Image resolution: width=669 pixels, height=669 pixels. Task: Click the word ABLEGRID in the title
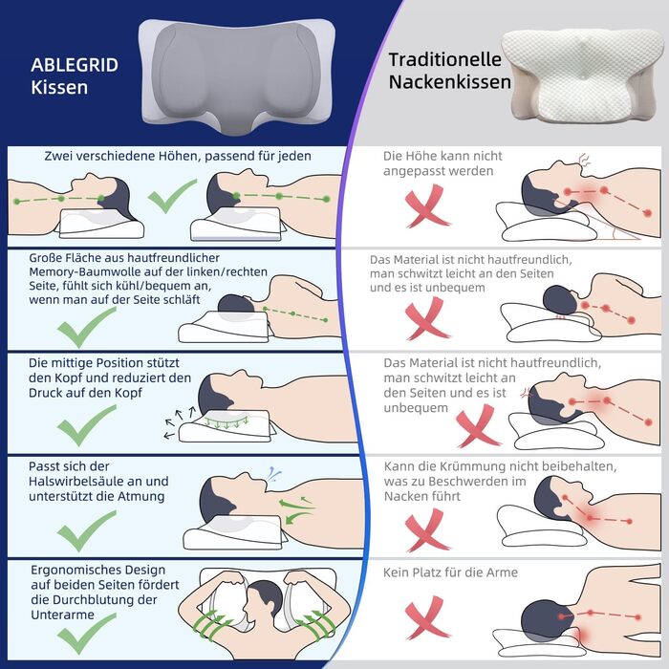coord(75,65)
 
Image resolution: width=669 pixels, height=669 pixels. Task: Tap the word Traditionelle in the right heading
coord(445,59)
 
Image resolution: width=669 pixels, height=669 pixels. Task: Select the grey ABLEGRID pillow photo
coord(237,76)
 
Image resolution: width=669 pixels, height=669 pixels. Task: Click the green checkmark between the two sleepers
coord(172,195)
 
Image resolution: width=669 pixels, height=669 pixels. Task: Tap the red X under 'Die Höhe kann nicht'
coord(426,206)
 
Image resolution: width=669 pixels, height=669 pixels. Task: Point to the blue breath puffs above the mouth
coord(274,473)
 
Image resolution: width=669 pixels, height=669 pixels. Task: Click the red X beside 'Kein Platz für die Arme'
coord(426,617)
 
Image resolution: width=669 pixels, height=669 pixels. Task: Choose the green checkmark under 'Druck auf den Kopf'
coord(87,425)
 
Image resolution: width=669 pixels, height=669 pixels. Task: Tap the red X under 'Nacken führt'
coord(426,529)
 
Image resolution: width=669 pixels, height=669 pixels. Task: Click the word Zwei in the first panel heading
coord(58,156)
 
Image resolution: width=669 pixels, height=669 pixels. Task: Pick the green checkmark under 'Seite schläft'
coord(87,327)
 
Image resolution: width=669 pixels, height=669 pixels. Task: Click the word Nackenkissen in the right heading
coord(450,82)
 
